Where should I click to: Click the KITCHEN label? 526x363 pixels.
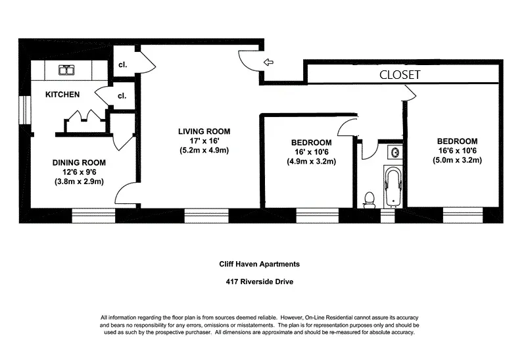(62, 95)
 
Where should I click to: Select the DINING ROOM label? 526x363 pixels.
(79, 162)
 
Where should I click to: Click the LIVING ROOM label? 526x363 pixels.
(204, 131)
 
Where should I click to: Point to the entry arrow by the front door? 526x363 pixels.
(268, 62)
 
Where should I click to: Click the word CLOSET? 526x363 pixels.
(400, 75)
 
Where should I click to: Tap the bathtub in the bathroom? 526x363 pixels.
(393, 185)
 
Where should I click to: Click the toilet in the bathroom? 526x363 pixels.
(370, 199)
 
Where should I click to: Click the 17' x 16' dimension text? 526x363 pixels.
(204, 140)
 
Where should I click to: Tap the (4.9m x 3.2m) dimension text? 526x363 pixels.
(312, 161)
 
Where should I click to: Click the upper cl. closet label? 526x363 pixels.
(122, 64)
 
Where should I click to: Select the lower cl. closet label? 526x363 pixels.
(122, 95)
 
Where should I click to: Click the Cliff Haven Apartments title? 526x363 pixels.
(259, 264)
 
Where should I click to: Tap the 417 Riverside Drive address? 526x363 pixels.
(259, 282)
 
